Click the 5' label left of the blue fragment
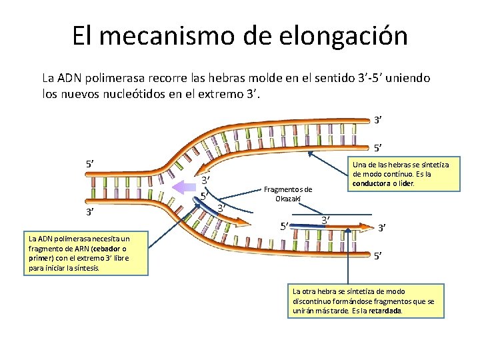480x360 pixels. point(285,225)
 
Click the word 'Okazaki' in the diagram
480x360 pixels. point(288,198)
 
